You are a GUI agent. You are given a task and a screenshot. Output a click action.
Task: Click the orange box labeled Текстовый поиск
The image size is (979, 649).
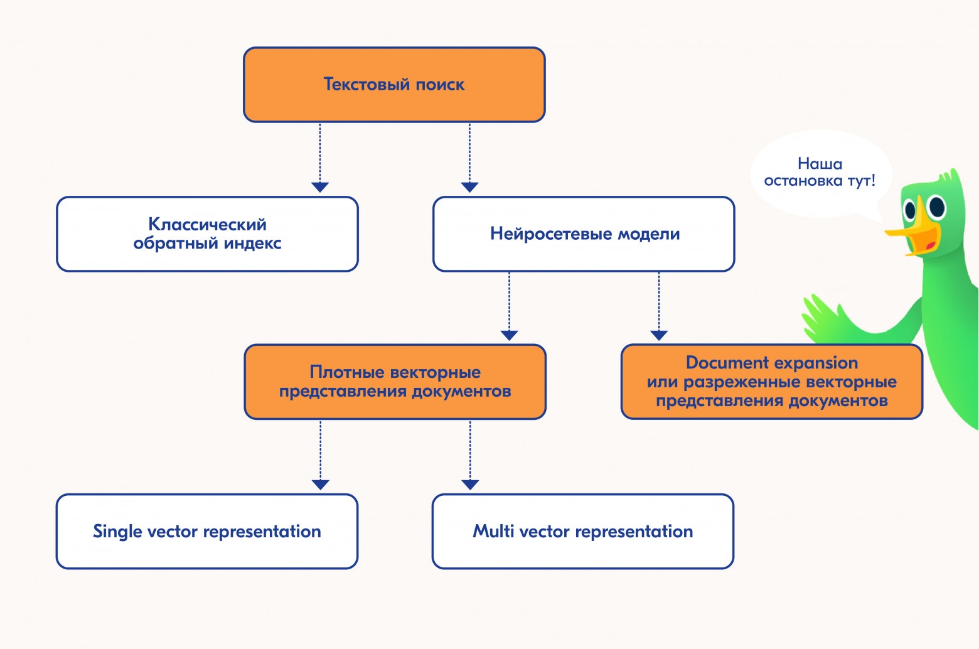point(394,85)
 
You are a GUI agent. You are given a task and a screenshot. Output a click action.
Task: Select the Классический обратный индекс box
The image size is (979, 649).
point(207,234)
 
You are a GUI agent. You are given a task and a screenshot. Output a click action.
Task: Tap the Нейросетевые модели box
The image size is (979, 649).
point(584,234)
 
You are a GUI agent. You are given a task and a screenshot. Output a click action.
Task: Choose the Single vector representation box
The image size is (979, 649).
point(207,532)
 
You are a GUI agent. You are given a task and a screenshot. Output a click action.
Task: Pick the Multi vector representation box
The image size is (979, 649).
point(582,532)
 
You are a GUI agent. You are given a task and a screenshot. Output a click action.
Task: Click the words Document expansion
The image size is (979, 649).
point(771,363)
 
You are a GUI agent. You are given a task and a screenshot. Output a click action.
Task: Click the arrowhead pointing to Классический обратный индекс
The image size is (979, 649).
point(320,187)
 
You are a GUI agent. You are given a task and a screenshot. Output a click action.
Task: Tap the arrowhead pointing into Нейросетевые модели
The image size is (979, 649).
point(469,187)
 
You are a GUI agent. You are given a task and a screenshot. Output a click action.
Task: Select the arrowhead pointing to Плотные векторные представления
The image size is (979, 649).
point(509,335)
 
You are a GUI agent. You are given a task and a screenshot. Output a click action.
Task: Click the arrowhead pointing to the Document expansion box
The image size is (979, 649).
point(658,335)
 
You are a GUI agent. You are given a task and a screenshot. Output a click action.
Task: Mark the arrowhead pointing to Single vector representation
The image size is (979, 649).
point(320,485)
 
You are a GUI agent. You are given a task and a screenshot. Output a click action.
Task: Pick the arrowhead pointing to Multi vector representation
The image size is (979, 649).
point(470,485)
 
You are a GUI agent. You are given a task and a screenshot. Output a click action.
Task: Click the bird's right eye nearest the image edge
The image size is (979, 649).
point(937,205)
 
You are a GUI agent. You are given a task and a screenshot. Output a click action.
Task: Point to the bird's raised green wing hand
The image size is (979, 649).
point(822,314)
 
